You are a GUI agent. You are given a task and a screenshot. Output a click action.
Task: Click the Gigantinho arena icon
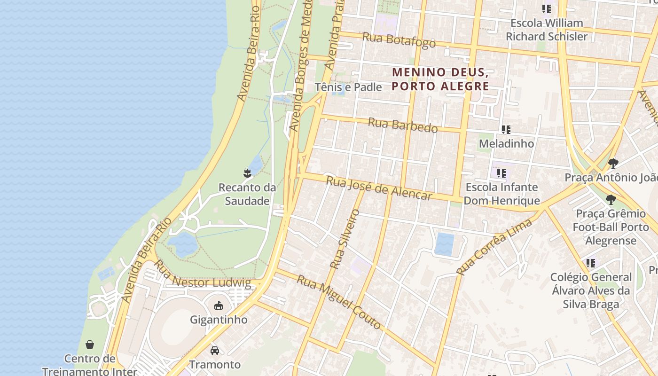pyautogui.click(x=218, y=306)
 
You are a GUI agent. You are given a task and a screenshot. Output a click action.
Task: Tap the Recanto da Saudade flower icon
pyautogui.click(x=247, y=173)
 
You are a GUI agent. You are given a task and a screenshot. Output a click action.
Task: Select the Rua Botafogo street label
pyautogui.click(x=399, y=40)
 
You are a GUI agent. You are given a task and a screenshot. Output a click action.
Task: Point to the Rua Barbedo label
pyautogui.click(x=402, y=125)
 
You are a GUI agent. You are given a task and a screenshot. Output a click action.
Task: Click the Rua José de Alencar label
pyautogui.click(x=379, y=188)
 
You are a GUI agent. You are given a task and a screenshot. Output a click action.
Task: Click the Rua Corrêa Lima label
pyautogui.click(x=494, y=246)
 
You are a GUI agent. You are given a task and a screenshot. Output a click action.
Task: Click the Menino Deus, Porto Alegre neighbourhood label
pyautogui.click(x=440, y=79)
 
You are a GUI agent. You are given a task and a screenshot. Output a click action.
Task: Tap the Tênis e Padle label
pyautogui.click(x=348, y=87)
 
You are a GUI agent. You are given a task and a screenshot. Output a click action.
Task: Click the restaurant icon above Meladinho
pyautogui.click(x=506, y=129)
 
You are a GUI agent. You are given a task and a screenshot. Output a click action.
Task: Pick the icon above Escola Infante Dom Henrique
pyautogui.click(x=501, y=173)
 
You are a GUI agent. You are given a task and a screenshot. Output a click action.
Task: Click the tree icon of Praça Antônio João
pyautogui.click(x=613, y=163)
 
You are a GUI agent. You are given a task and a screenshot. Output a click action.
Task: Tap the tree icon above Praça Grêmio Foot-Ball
pyautogui.click(x=611, y=199)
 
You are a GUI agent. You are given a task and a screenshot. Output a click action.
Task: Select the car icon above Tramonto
pyautogui.click(x=215, y=351)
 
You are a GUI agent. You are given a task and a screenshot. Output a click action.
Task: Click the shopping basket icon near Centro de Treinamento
pyautogui.click(x=90, y=345)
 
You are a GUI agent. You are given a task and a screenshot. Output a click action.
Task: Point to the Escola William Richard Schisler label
pyautogui.click(x=547, y=30)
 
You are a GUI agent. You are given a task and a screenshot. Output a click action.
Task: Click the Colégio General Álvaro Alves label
pyautogui.click(x=591, y=290)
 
